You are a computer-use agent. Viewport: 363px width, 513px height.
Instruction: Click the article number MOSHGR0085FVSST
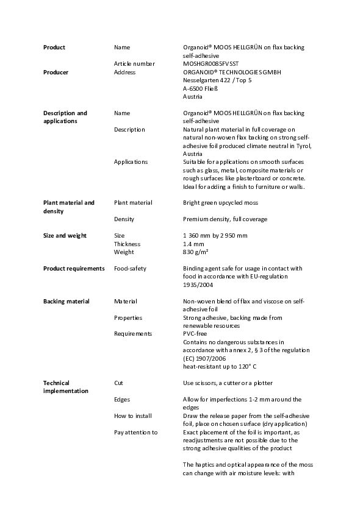click(x=211, y=64)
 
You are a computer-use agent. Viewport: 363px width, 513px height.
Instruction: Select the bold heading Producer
click(x=56, y=73)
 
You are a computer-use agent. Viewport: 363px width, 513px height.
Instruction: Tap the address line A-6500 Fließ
click(x=201, y=88)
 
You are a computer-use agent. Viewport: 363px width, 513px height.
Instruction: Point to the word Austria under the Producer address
click(x=193, y=97)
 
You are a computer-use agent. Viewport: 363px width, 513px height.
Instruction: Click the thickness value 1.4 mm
click(x=194, y=244)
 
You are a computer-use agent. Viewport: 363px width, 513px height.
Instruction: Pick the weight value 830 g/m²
click(x=196, y=252)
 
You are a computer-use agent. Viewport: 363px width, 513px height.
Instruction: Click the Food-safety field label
click(x=130, y=268)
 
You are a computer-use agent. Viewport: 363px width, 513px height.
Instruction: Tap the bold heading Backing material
click(x=66, y=302)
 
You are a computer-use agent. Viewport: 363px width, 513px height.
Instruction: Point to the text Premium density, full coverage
click(x=225, y=219)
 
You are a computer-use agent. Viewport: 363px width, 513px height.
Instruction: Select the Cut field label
click(x=118, y=383)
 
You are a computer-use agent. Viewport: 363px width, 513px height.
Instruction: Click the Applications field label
click(x=131, y=162)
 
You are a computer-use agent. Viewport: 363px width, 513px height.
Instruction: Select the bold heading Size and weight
click(x=65, y=236)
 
